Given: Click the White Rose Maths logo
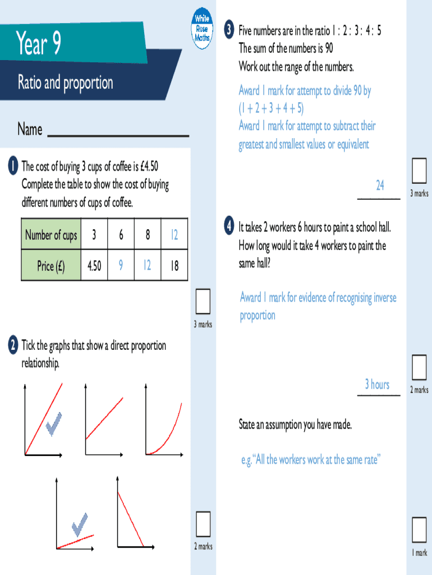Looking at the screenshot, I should (x=201, y=28).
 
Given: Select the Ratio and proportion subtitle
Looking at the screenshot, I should (x=65, y=83).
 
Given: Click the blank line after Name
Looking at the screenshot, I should (x=118, y=134).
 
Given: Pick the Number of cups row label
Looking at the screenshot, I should (x=50, y=235).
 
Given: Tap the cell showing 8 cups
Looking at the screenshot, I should (x=148, y=235).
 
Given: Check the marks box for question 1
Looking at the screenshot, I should (x=203, y=302).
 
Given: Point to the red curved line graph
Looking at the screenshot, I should (x=166, y=430).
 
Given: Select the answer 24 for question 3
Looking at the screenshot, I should (x=380, y=185).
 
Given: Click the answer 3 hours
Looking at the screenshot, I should (x=377, y=384).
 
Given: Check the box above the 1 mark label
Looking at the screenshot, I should (x=419, y=529).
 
